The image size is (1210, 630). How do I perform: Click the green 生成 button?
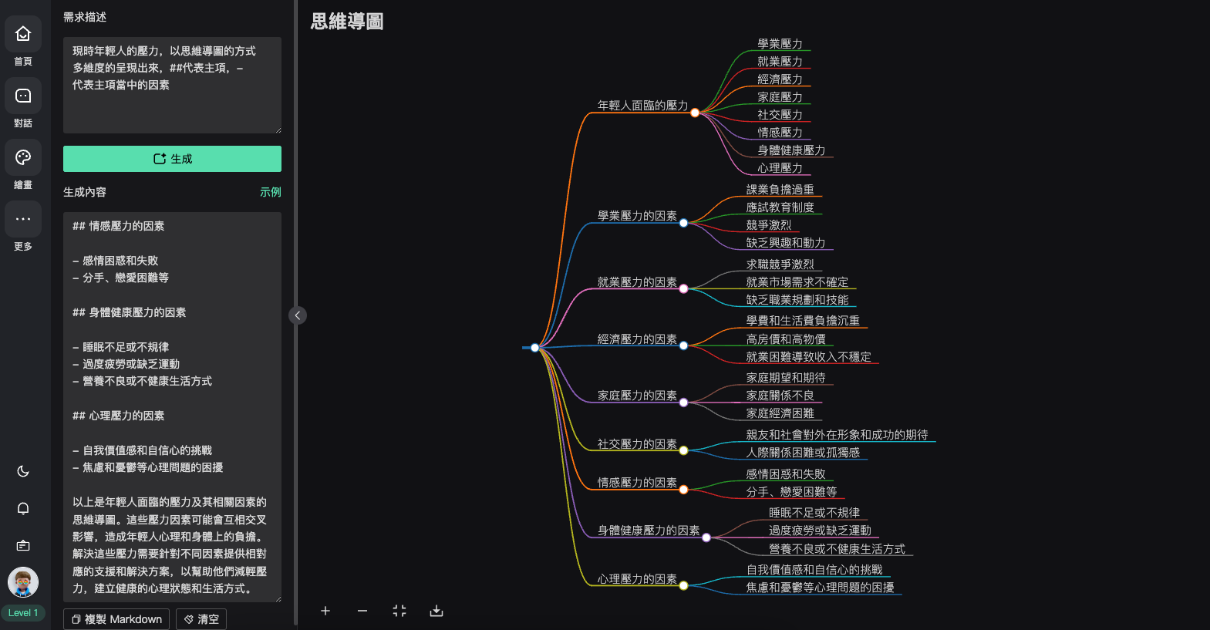point(172,159)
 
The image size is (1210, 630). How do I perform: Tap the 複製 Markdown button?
point(116,619)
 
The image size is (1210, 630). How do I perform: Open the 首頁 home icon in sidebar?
point(23,34)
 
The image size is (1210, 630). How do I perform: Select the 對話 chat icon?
point(23,96)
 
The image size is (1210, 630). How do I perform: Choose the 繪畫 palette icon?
point(23,158)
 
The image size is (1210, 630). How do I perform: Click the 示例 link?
point(270,192)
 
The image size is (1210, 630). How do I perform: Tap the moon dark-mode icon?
point(23,471)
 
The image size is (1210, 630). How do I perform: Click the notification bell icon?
point(23,508)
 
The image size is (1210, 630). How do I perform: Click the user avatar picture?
point(23,582)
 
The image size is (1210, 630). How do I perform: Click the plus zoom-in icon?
point(325,611)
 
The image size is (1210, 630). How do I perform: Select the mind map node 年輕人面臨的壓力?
point(642,106)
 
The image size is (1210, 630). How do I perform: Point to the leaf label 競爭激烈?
point(768,225)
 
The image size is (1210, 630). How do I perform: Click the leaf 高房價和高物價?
point(785,339)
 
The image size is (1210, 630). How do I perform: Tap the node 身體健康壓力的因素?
point(648,531)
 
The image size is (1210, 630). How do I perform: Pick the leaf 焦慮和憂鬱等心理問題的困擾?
point(820,588)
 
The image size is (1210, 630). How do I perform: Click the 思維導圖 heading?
point(347,22)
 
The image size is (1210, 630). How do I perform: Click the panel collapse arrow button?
point(298,315)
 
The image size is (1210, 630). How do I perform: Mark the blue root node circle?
point(535,348)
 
